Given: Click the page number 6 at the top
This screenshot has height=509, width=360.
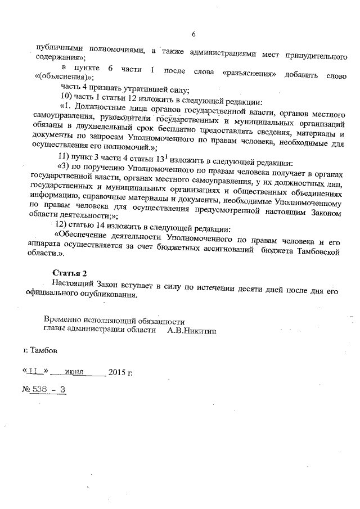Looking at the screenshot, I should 193,34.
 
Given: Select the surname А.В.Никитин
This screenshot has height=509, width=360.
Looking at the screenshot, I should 191,331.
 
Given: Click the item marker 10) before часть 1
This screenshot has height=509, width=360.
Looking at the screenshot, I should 67,96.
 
